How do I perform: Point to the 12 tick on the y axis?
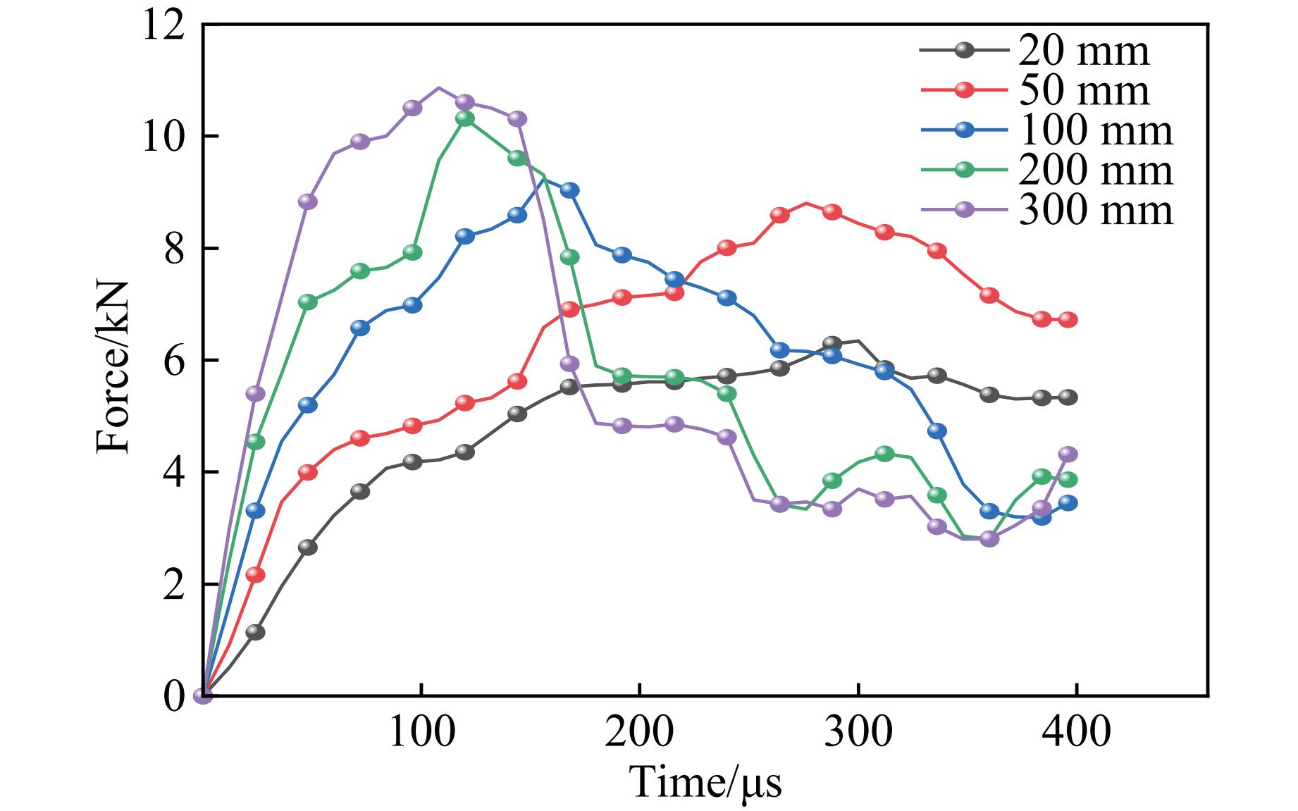[162, 27]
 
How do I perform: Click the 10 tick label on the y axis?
[162, 137]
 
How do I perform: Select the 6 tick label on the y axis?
[173, 361]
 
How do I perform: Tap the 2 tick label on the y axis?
[173, 585]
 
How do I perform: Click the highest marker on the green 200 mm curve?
[464, 118]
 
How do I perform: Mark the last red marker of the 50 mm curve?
[1068, 319]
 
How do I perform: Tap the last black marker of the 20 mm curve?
[1068, 397]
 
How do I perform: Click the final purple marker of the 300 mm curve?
[1068, 454]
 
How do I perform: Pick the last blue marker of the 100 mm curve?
[1068, 503]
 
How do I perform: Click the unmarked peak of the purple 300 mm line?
[438, 88]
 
